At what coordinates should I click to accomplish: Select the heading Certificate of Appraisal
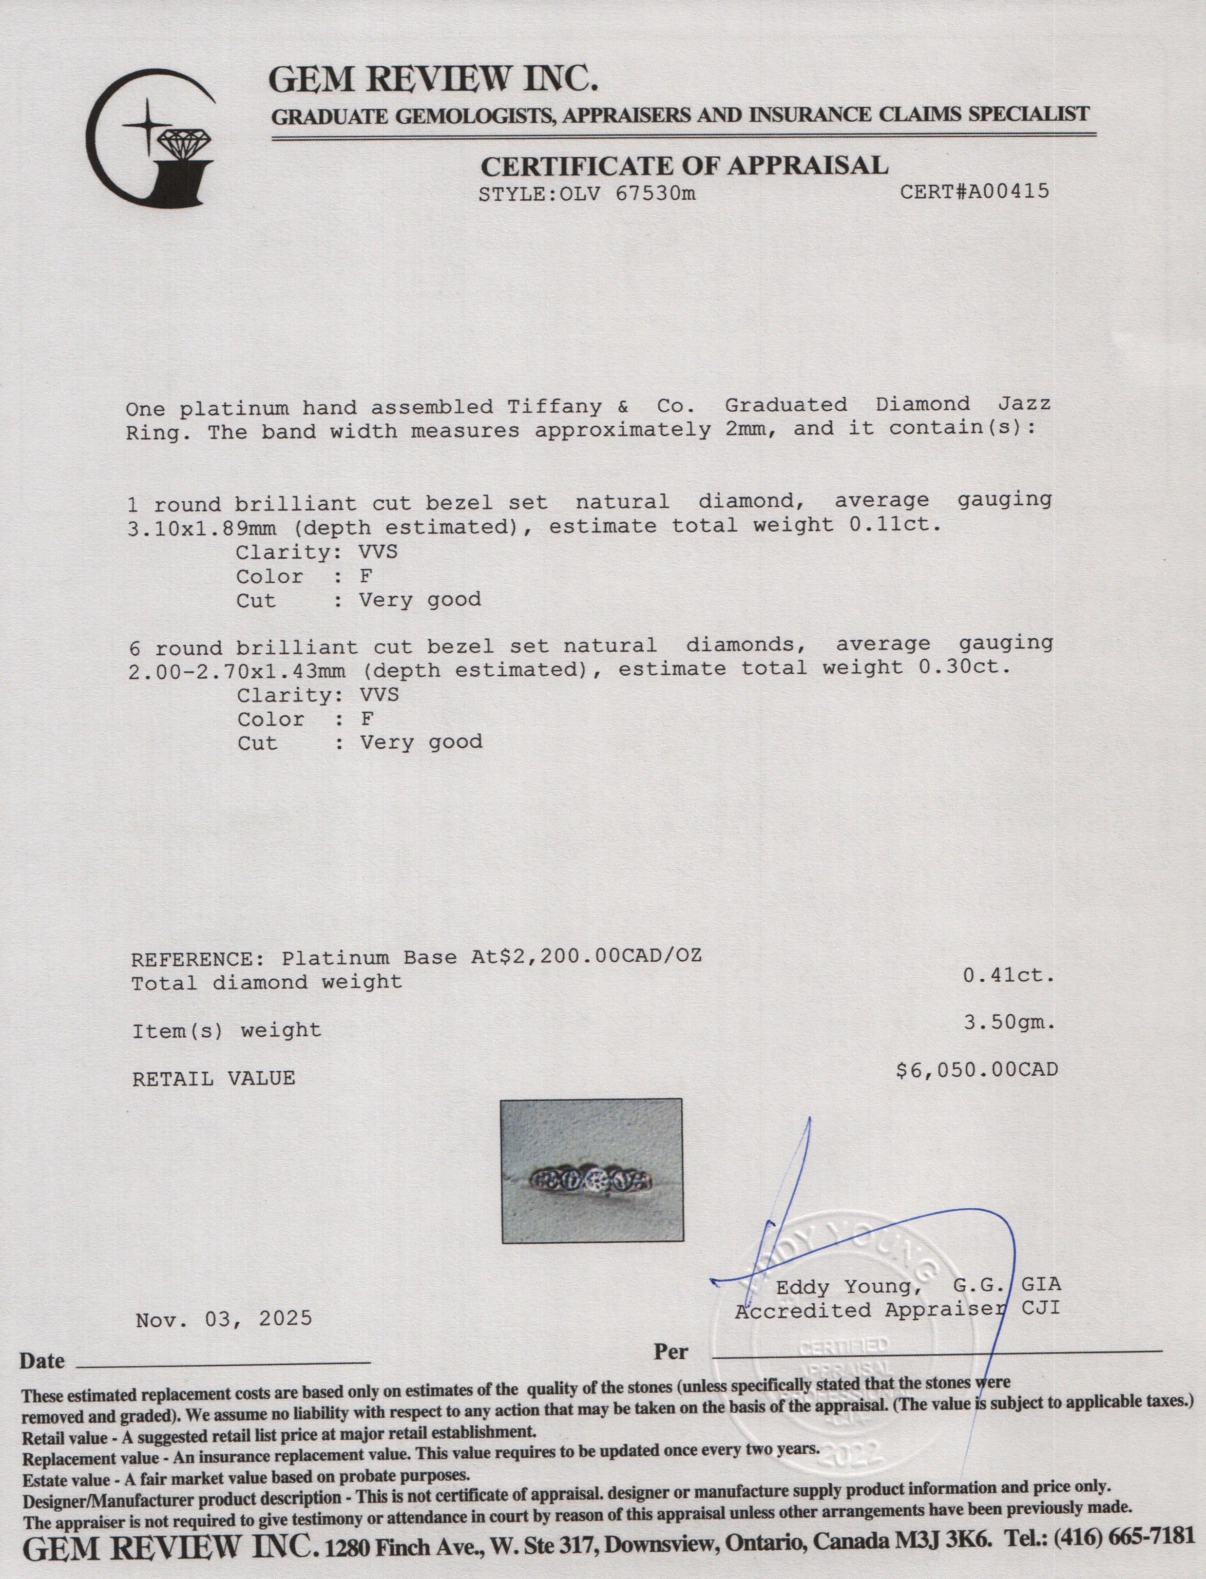coord(683,166)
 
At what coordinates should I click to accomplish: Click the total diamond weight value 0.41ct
coord(1009,976)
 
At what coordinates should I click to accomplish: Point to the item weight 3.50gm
coord(1009,1024)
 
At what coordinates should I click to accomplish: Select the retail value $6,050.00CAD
coord(977,1070)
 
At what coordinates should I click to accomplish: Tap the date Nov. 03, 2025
coord(224,1318)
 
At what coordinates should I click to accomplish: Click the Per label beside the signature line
coord(670,1352)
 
